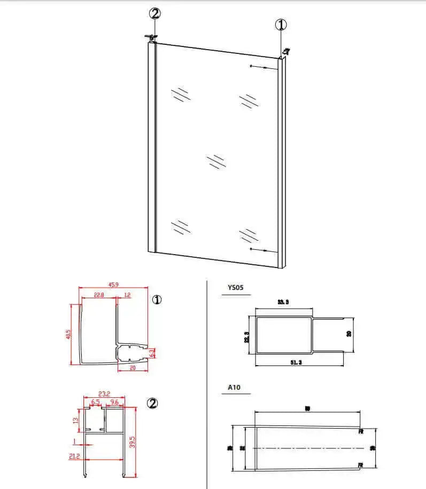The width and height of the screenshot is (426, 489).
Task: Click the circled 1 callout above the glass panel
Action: (x=281, y=25)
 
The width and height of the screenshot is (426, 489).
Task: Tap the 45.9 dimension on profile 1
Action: (x=113, y=285)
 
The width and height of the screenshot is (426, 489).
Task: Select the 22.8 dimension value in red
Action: (x=98, y=295)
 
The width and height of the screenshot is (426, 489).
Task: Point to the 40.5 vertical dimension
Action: (x=68, y=334)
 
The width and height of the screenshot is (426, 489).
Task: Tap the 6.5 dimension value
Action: (x=95, y=402)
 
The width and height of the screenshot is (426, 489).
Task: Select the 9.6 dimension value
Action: (x=114, y=402)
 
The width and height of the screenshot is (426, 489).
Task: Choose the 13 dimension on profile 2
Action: (x=75, y=420)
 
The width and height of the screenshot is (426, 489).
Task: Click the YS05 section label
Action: (x=235, y=287)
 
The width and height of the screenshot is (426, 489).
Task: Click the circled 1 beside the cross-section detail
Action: (x=157, y=300)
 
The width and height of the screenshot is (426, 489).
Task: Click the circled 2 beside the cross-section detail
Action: (x=152, y=404)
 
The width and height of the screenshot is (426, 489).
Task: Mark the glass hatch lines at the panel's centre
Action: (x=216, y=161)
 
